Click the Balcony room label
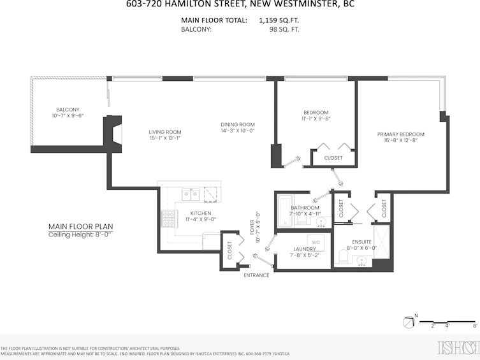pyautogui.click(x=68, y=110)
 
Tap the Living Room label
pyautogui.click(x=165, y=132)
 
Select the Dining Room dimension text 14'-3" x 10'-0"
pyautogui.click(x=238, y=131)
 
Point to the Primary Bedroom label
pyautogui.click(x=401, y=134)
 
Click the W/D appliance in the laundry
pyautogui.click(x=316, y=243)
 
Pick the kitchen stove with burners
pyautogui.click(x=169, y=219)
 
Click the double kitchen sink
pyautogui.click(x=191, y=194)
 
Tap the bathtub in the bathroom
pyautogui.click(x=285, y=211)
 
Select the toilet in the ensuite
pyautogui.click(x=344, y=256)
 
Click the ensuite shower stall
pyautogui.click(x=381, y=242)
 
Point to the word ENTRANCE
pyautogui.click(x=256, y=275)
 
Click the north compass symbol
pyautogui.click(x=409, y=322)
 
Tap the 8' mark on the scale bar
pyautogui.click(x=475, y=326)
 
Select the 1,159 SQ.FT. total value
pyautogui.click(x=279, y=20)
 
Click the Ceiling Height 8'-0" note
pyautogui.click(x=80, y=234)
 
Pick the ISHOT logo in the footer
pyautogui.click(x=458, y=347)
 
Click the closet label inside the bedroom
pyautogui.click(x=333, y=158)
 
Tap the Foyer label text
pyautogui.click(x=252, y=227)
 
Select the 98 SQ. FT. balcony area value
pyautogui.click(x=284, y=30)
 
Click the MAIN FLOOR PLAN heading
pyautogui.click(x=81, y=227)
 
